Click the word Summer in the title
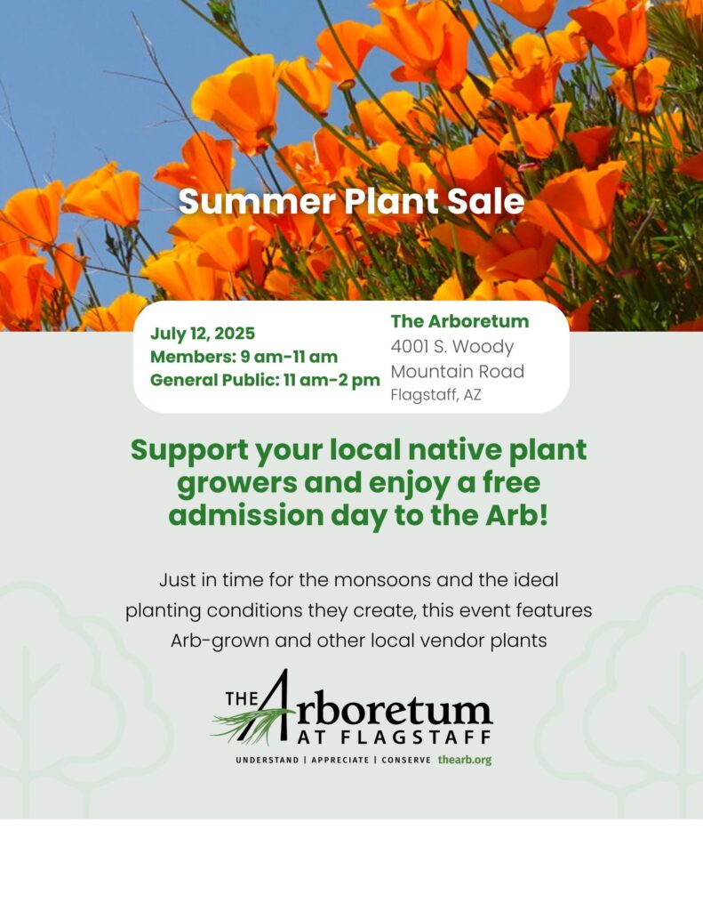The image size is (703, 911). (x=257, y=202)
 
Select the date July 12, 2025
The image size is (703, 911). (x=203, y=334)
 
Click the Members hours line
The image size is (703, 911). (x=244, y=356)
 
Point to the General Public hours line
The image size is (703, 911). (x=265, y=380)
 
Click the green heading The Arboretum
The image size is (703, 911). (x=459, y=321)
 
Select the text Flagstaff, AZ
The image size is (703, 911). (x=436, y=395)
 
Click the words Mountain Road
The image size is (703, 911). (x=458, y=371)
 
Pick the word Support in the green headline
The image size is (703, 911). (x=189, y=452)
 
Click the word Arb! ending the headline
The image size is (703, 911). (x=516, y=515)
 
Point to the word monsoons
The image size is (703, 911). (x=382, y=580)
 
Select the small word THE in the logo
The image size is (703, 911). (x=242, y=697)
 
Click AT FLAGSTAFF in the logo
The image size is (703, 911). (x=395, y=738)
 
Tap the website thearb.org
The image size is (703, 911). (x=465, y=760)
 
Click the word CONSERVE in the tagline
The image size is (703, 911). (x=406, y=760)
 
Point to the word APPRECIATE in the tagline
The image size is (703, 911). (x=340, y=760)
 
